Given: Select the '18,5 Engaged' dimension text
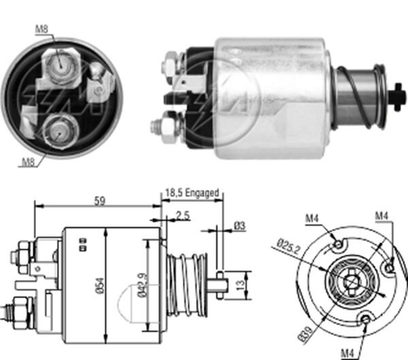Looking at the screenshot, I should coord(192,194).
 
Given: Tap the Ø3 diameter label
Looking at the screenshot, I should coord(239,224).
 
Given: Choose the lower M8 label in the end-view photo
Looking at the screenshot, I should coord(28,162).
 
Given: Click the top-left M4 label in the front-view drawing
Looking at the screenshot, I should coord(312,219).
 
